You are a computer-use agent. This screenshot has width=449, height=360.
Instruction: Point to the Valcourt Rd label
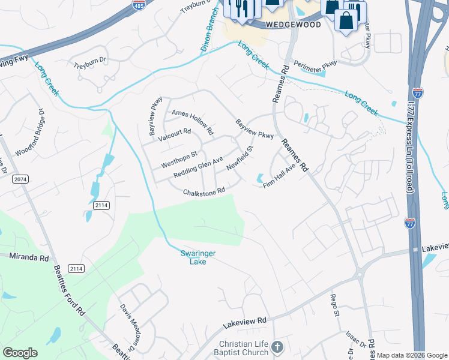click(174, 136)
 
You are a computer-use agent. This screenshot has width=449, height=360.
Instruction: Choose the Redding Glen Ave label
click(198, 167)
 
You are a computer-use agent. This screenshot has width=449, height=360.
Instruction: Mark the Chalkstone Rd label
click(204, 191)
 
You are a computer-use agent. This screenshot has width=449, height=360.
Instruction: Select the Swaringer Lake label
click(198, 257)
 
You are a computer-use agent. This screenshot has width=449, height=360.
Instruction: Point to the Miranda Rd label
click(29, 257)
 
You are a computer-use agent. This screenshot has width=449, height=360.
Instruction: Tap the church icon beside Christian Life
click(277, 347)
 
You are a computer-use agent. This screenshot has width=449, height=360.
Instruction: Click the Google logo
click(20, 353)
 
